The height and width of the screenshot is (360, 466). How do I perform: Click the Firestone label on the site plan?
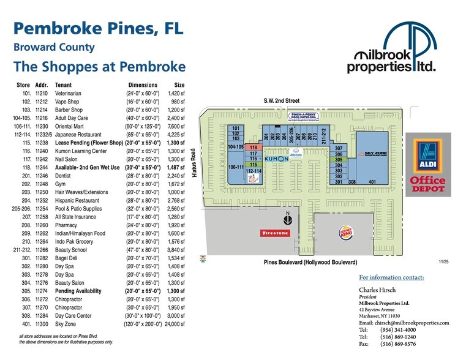point(275,233)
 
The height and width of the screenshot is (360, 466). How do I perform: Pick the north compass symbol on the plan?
point(287,216)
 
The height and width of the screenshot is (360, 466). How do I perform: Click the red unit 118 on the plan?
point(253,148)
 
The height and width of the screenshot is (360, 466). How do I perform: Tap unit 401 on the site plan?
point(372,182)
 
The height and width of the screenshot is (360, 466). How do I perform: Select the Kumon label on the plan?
point(276,159)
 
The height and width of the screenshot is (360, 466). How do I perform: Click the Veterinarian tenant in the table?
point(71,93)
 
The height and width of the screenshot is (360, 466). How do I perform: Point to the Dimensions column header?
point(143,85)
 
